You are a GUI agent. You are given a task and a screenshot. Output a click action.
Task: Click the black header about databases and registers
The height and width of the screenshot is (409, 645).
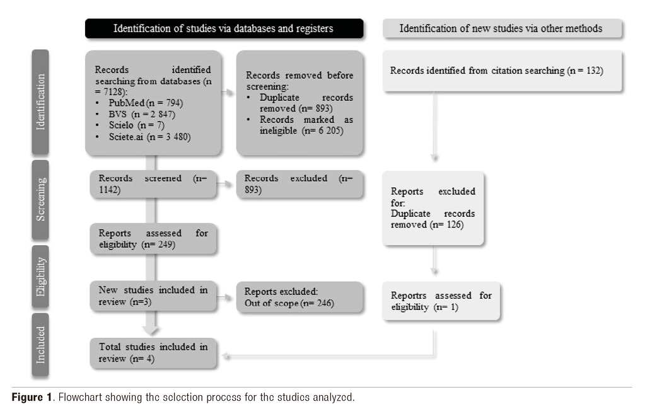223,28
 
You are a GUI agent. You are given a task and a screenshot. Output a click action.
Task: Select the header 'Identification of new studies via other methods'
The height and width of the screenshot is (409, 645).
501,28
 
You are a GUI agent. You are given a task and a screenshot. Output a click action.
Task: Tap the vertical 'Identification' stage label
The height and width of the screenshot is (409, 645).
40,102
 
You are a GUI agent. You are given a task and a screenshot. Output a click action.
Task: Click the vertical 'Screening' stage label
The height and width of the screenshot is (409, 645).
40,199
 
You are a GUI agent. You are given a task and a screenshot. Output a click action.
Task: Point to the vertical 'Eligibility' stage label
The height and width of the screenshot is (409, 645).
40,275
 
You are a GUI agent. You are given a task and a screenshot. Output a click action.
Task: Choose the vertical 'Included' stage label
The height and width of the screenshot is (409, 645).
40,345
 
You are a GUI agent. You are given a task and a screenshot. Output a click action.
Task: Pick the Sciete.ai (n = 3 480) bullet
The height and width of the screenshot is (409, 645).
145,137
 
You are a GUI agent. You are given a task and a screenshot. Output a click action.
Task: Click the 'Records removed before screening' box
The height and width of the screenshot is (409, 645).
299,103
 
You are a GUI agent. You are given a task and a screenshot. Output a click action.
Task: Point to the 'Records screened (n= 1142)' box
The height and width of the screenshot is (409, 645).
153,184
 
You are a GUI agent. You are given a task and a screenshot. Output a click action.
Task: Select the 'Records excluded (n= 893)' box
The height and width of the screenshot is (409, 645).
299,184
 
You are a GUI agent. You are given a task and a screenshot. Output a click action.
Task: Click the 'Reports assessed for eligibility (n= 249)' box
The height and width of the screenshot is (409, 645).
153,239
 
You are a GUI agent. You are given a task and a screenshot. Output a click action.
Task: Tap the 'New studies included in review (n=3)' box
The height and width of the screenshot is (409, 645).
153,296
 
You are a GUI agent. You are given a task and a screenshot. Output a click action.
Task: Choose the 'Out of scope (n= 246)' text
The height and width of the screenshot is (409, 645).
289,303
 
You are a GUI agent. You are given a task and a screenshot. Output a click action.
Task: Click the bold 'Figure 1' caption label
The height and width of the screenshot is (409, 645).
32,397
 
